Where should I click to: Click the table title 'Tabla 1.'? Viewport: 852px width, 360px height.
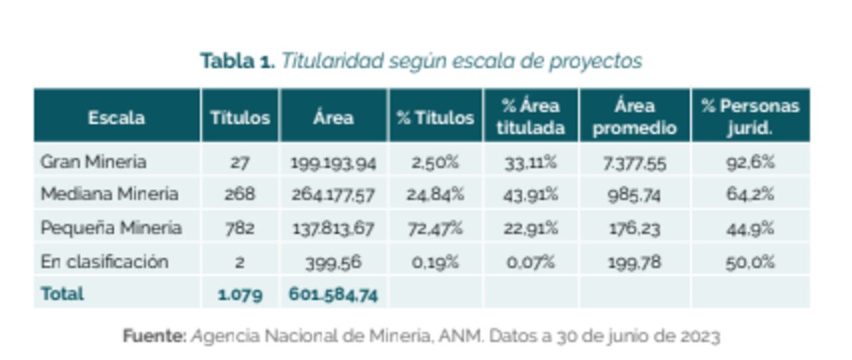237,61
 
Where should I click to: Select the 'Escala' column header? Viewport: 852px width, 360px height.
116,118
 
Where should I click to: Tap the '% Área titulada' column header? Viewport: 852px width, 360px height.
531,116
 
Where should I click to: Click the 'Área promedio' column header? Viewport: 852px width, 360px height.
634,116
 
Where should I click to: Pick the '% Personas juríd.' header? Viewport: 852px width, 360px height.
750,116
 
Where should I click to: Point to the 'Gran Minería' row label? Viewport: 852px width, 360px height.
93,162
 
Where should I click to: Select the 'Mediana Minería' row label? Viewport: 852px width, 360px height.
109,194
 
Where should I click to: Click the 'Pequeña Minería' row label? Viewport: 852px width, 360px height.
110,228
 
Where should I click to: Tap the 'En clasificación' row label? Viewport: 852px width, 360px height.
104,262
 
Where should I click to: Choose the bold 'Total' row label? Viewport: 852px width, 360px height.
62,293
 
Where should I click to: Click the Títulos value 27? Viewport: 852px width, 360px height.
240,162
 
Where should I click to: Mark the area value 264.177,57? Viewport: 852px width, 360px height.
333,195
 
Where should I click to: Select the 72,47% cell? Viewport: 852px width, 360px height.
436,228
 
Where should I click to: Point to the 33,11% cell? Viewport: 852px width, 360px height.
531,162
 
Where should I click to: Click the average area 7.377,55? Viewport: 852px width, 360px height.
634,162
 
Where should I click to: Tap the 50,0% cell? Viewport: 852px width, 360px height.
750,262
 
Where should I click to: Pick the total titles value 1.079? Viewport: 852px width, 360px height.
240,294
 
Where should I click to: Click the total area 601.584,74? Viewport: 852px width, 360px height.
333,294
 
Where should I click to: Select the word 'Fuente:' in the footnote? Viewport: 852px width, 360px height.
154,336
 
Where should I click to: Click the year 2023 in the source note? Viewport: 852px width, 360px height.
700,336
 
